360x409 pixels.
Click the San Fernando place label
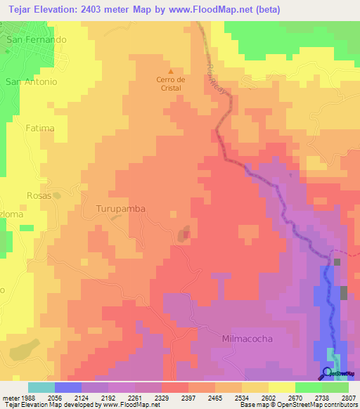click(x=36, y=40)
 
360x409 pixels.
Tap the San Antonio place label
click(x=31, y=82)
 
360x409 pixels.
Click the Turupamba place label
click(x=118, y=209)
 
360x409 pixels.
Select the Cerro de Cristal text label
click(x=170, y=84)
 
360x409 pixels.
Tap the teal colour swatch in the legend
click(x=41, y=387)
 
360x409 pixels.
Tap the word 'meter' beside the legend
click(x=8, y=397)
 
